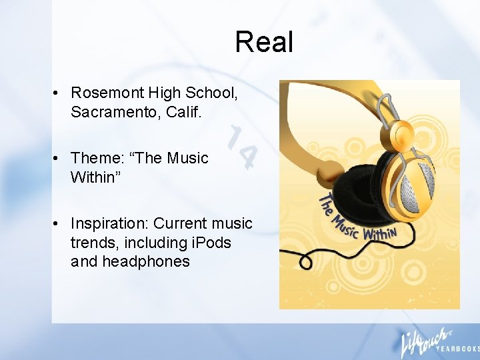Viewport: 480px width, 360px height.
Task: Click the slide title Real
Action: [264, 42]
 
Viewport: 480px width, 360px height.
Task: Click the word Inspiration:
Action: [109, 223]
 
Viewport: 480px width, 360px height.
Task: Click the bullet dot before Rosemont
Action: [58, 93]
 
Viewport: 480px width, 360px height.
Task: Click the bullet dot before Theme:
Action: [58, 159]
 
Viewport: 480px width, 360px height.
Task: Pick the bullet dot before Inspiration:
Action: [58, 224]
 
